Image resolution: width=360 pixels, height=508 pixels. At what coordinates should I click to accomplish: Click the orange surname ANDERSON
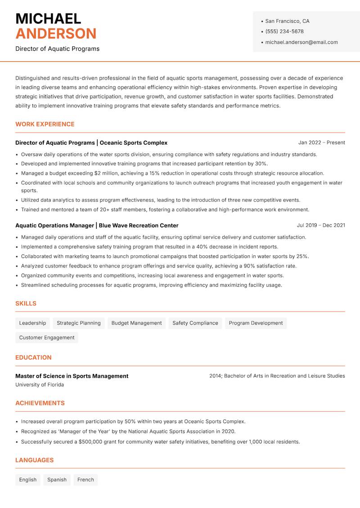(56, 34)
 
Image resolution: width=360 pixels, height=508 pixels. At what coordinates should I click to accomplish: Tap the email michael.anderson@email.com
(301, 42)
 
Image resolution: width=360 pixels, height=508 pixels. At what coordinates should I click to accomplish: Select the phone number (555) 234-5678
(284, 31)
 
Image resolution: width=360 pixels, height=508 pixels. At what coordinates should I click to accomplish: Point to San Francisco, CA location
(287, 21)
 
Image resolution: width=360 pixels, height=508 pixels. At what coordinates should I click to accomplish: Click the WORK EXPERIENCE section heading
(45, 124)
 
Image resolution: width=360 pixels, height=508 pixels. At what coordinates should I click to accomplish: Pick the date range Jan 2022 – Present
(321, 143)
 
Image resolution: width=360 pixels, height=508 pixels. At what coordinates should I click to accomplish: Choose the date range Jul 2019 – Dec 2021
(321, 225)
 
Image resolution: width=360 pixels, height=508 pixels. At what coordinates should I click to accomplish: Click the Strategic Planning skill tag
(79, 323)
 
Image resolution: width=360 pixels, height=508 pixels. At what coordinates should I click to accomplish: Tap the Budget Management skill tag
(136, 323)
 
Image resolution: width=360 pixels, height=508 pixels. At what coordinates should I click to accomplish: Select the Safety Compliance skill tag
(195, 323)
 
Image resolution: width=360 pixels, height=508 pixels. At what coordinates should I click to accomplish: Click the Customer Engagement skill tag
(47, 338)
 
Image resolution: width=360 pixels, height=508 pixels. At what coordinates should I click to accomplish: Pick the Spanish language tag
(57, 480)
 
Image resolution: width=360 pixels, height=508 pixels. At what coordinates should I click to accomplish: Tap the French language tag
(85, 480)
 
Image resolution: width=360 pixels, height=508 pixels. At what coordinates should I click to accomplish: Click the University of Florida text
(40, 385)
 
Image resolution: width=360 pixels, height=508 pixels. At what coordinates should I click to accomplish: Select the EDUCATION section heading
(33, 357)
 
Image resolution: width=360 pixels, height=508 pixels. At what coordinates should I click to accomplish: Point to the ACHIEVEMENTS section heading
(40, 403)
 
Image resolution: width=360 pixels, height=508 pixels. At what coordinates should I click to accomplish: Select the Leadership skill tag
(32, 323)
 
